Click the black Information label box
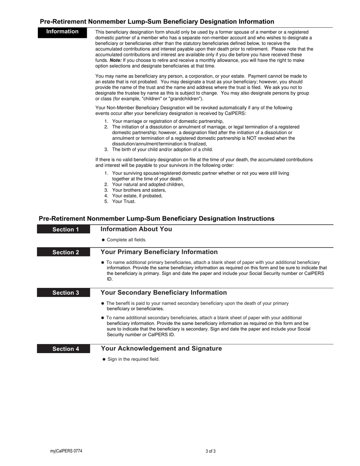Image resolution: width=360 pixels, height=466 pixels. click(62, 32)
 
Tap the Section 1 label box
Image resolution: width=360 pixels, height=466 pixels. click(64, 230)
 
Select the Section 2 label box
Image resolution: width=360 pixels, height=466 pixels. click(64, 252)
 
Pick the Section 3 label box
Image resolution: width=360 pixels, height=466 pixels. click(64, 293)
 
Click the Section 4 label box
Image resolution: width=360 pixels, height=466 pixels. click(64, 349)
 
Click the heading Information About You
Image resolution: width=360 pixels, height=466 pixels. click(136, 229)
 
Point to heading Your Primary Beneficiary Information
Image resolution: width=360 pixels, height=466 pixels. click(159, 252)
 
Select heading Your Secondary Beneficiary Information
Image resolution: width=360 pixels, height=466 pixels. click(164, 293)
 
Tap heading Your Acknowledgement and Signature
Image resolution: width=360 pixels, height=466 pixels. click(161, 349)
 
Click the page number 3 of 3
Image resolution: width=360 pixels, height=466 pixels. click(211, 451)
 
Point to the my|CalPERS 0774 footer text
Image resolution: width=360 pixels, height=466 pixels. click(66, 451)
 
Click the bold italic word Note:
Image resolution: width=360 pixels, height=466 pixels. click(116, 60)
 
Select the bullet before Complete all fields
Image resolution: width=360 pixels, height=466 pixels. click(103, 240)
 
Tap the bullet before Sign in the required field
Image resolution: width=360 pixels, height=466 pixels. click(104, 359)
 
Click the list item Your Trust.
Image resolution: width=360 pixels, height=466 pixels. click(124, 202)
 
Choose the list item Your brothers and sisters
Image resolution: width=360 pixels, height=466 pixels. click(139, 190)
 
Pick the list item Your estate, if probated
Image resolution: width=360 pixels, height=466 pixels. click(137, 196)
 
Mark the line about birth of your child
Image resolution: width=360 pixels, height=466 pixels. click(162, 150)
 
